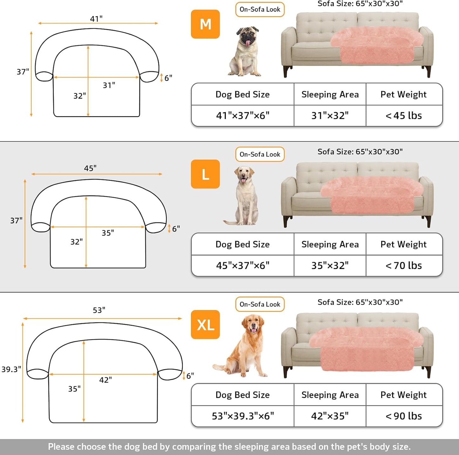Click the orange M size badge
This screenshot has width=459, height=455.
[205, 24]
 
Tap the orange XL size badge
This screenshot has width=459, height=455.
[205, 325]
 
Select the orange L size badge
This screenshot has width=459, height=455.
[205, 174]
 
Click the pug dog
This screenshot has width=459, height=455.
[245, 52]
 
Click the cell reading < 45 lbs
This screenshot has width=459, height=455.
[404, 116]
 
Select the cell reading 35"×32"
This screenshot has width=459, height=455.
[330, 265]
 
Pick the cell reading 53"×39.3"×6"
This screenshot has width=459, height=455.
[243, 416]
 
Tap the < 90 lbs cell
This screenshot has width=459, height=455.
[404, 416]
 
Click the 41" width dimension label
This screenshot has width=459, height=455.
[96, 19]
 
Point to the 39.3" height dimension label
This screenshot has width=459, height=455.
[11, 369]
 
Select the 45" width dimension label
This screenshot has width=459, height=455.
[90, 168]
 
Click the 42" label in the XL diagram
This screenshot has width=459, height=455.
[105, 380]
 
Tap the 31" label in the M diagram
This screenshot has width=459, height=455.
[109, 85]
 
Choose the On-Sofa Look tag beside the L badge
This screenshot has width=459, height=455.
[260, 155]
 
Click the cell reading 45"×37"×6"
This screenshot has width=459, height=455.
[243, 265]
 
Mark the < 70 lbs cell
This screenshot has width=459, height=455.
[404, 265]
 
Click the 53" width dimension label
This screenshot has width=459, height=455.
[99, 310]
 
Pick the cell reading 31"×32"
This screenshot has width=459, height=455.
[330, 116]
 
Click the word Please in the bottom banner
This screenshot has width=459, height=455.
[61, 447]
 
